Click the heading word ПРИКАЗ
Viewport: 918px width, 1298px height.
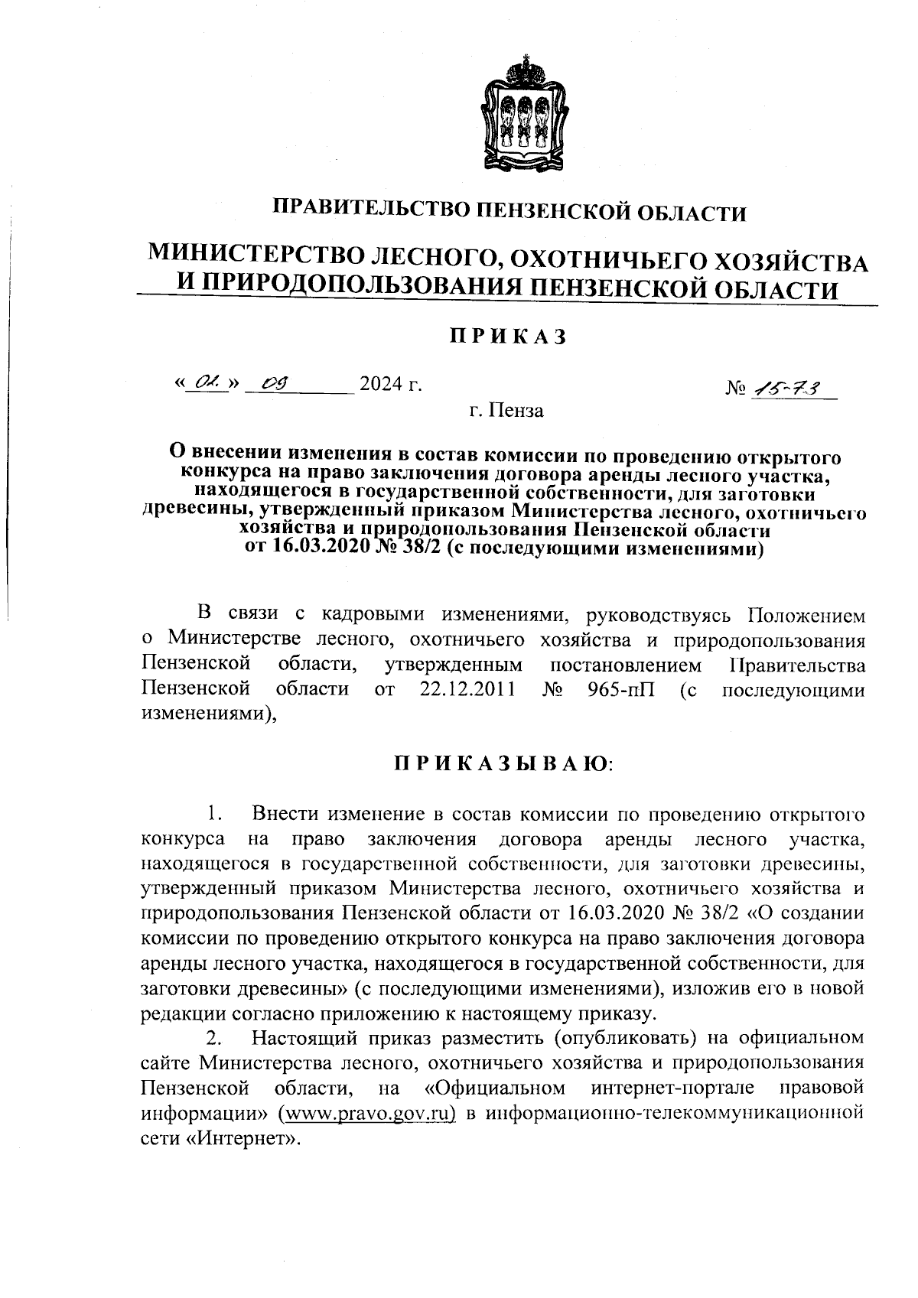(507, 337)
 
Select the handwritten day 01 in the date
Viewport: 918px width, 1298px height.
(205, 382)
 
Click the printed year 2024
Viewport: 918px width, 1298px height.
(382, 383)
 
